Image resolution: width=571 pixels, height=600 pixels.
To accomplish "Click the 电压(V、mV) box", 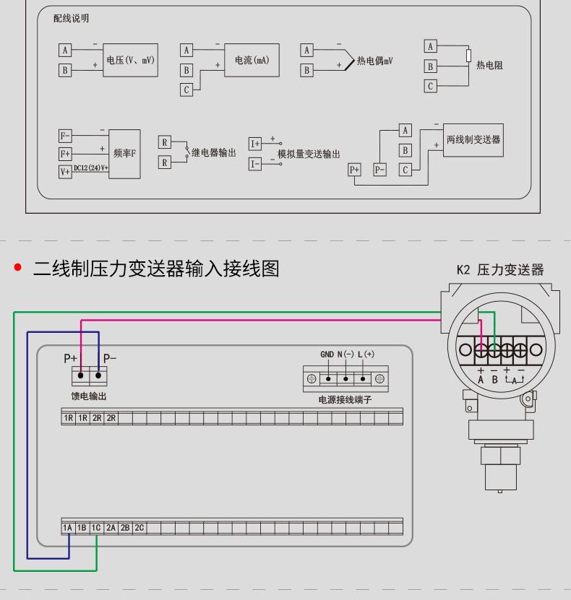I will coord(131,60).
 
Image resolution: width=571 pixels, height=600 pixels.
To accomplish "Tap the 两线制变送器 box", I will coord(473,139).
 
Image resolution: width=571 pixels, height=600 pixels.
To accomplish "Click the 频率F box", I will coord(124,153).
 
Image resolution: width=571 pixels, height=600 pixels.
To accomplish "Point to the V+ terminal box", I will coord(65,171).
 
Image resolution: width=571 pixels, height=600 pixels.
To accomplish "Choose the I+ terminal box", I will coord(255,144).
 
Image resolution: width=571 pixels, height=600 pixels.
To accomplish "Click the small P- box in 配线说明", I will coord(379,170).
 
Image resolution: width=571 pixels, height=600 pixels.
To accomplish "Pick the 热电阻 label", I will coord(490,65).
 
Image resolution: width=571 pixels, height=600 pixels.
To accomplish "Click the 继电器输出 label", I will coord(214,153).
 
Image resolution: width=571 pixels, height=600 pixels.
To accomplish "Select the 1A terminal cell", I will coord(68,529).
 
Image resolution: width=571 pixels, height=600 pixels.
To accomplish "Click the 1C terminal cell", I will coord(97,529).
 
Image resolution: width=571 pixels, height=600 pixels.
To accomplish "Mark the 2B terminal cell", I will coord(125,529).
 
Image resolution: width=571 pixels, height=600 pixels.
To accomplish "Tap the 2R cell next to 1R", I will coord(97,418).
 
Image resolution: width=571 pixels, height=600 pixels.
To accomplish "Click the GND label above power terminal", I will coord(327,355).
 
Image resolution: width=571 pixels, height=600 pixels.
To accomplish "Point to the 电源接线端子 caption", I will coord(345,399).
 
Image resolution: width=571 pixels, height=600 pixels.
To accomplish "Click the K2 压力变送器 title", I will coord(500,271).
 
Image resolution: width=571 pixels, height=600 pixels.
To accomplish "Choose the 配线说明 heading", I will coord(72,19).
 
